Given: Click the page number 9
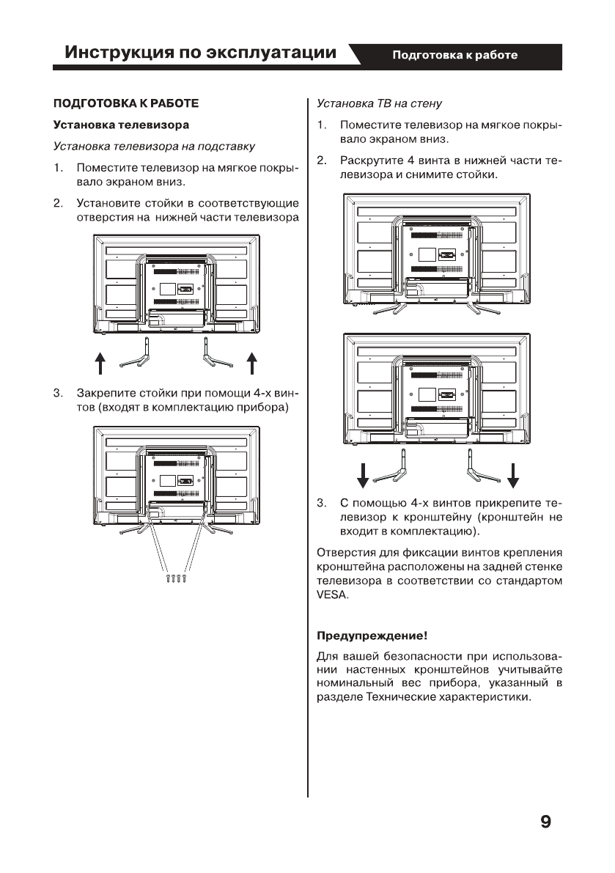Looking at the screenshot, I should click(545, 822).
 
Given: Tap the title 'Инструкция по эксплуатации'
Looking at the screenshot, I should click(202, 54).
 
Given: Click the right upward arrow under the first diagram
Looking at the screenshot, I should click(251, 361).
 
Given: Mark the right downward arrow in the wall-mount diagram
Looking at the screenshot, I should click(513, 474).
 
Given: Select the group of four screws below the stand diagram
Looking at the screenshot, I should click(176, 578).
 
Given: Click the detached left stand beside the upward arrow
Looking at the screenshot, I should click(136, 354).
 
